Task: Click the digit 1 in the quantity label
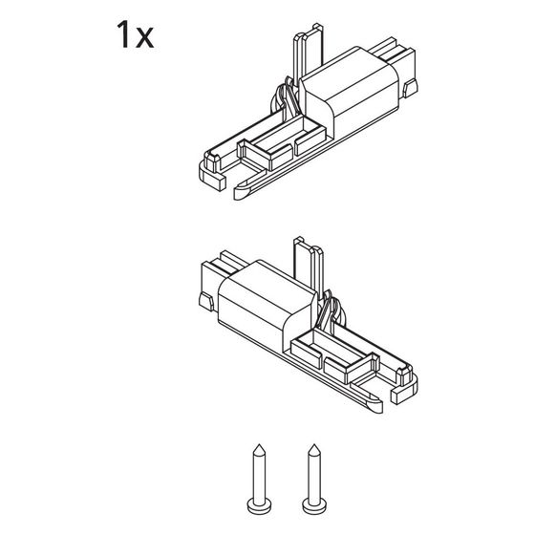click(123, 34)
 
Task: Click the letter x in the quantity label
click(144, 38)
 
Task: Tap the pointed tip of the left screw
click(259, 445)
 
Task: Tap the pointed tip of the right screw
click(314, 445)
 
